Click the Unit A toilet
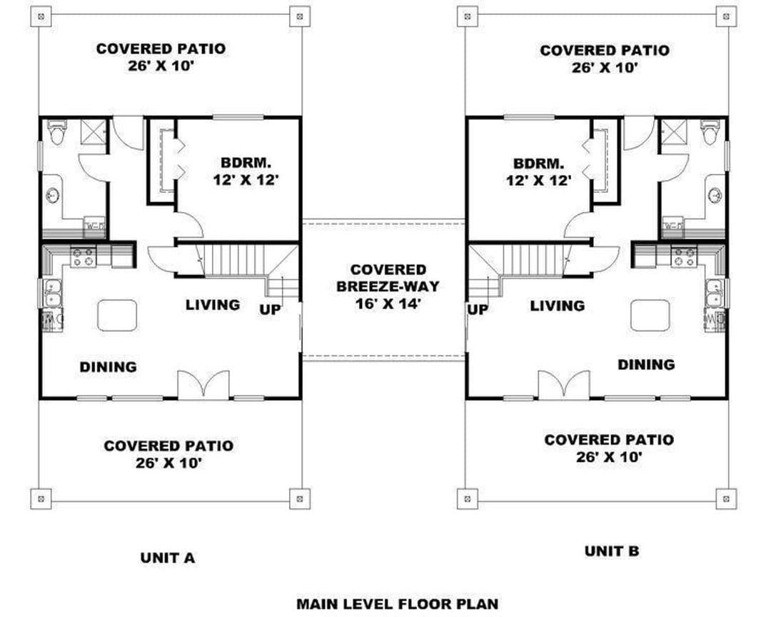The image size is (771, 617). click(57, 132)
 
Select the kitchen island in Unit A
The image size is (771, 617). click(117, 316)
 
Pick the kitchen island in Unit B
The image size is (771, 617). click(650, 316)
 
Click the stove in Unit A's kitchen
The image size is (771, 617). click(83, 257)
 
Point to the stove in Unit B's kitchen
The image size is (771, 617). click(684, 257)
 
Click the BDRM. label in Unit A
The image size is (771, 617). click(246, 162)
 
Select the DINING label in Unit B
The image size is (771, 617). click(646, 365)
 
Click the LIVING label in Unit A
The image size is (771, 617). click(213, 305)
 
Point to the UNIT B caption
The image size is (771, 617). click(612, 551)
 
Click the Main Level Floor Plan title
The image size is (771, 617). click(398, 603)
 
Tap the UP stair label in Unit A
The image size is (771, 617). click(270, 309)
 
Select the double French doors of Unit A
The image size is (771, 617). click(203, 385)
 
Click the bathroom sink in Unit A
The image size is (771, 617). click(53, 196)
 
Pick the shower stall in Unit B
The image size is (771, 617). click(672, 132)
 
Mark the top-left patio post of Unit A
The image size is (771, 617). click(41, 16)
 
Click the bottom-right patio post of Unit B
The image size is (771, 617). click(726, 498)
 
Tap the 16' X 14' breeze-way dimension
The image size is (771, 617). click(388, 304)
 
